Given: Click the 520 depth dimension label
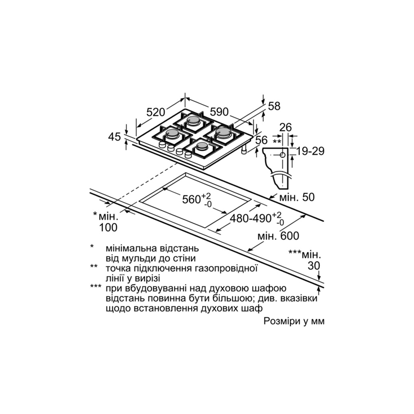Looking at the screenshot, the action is click(x=156, y=112).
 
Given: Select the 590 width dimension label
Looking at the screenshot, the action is click(x=219, y=112).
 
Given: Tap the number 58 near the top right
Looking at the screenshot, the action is click(x=274, y=106).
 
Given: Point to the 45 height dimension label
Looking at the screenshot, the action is click(x=114, y=137).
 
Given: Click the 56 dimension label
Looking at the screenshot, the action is click(x=262, y=140).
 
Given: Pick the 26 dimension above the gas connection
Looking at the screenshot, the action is click(x=285, y=128).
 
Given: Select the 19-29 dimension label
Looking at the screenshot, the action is click(x=310, y=151).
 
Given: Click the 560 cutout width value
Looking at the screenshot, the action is click(x=192, y=199).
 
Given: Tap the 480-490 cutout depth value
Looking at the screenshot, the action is click(x=251, y=219).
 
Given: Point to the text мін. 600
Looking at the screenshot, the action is click(x=278, y=236).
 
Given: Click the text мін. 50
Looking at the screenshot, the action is click(x=297, y=197).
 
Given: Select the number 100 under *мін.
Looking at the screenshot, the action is click(x=108, y=227).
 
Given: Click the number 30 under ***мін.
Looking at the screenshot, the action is click(x=314, y=266).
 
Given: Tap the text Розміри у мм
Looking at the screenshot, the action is click(x=294, y=321).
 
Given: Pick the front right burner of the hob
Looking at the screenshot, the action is click(x=202, y=146).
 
